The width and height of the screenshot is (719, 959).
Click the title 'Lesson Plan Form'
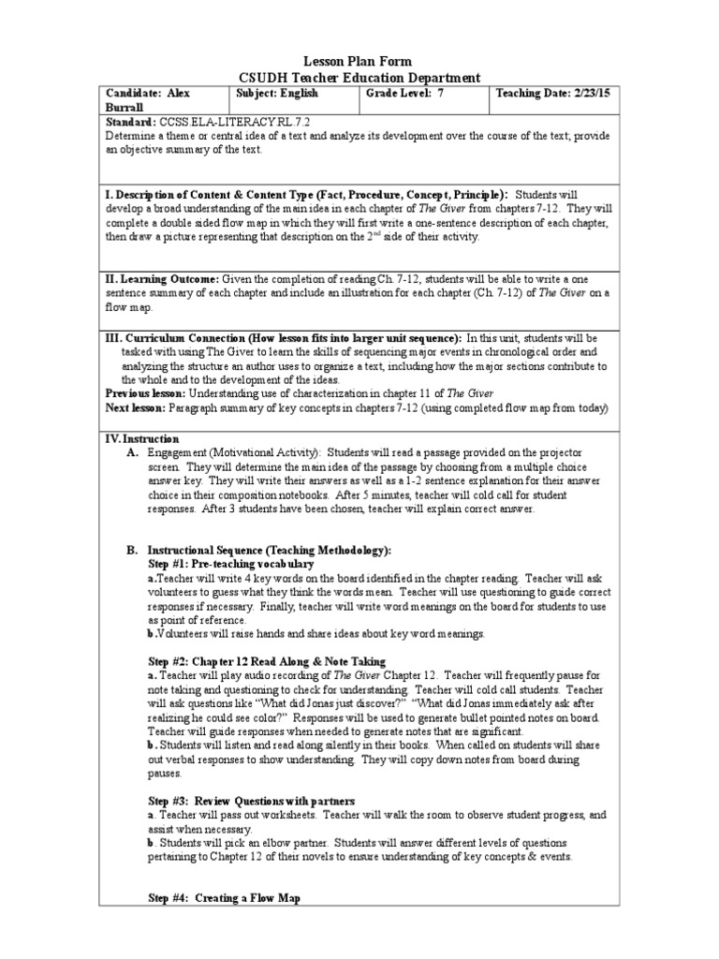point(359,61)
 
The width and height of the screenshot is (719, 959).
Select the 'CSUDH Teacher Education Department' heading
point(359,78)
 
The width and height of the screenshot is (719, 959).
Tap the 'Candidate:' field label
point(132,94)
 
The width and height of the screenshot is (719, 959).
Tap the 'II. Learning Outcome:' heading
point(162,280)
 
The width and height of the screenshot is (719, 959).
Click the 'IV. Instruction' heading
point(141,438)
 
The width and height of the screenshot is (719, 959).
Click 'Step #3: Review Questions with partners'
point(252,801)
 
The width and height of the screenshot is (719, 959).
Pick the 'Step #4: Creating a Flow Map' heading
point(224,898)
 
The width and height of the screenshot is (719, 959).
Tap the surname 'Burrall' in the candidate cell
point(126,108)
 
